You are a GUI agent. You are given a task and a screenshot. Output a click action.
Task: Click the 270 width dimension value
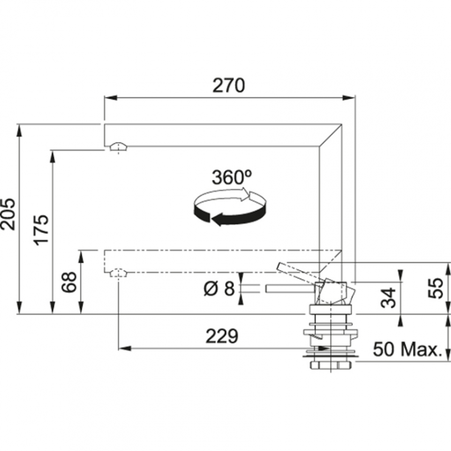coord(228,86)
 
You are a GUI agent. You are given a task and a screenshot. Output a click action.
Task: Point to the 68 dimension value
coord(69,282)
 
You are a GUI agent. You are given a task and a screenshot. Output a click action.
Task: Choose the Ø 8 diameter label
coord(218,289)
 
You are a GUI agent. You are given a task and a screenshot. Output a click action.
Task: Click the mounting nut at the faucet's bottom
coord(331,365)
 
